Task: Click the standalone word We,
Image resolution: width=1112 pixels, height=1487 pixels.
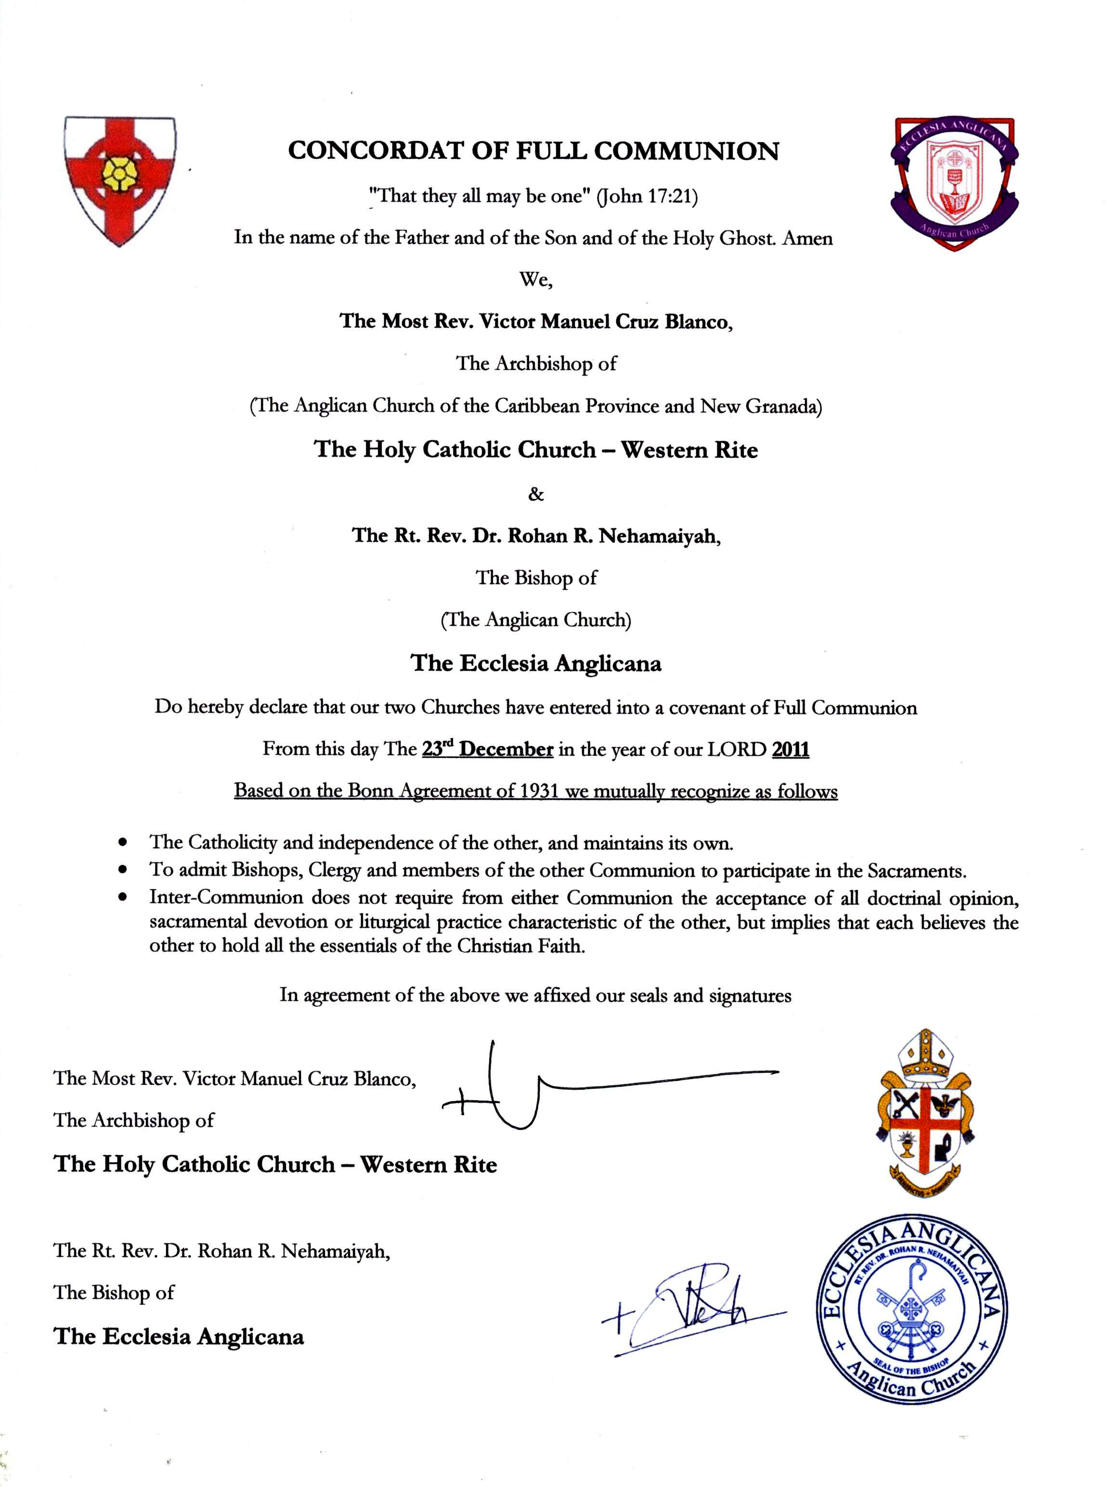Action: [x=535, y=280]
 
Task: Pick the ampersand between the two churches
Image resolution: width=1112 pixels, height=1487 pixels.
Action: [x=535, y=494]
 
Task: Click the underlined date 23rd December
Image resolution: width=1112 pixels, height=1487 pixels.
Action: [x=487, y=749]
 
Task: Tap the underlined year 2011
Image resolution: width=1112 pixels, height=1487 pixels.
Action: [x=790, y=749]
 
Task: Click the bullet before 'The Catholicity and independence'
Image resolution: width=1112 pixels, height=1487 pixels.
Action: [x=122, y=842]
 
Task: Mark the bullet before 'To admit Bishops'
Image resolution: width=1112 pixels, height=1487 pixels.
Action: [x=122, y=870]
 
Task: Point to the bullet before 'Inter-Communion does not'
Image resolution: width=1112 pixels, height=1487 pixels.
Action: [x=122, y=897]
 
